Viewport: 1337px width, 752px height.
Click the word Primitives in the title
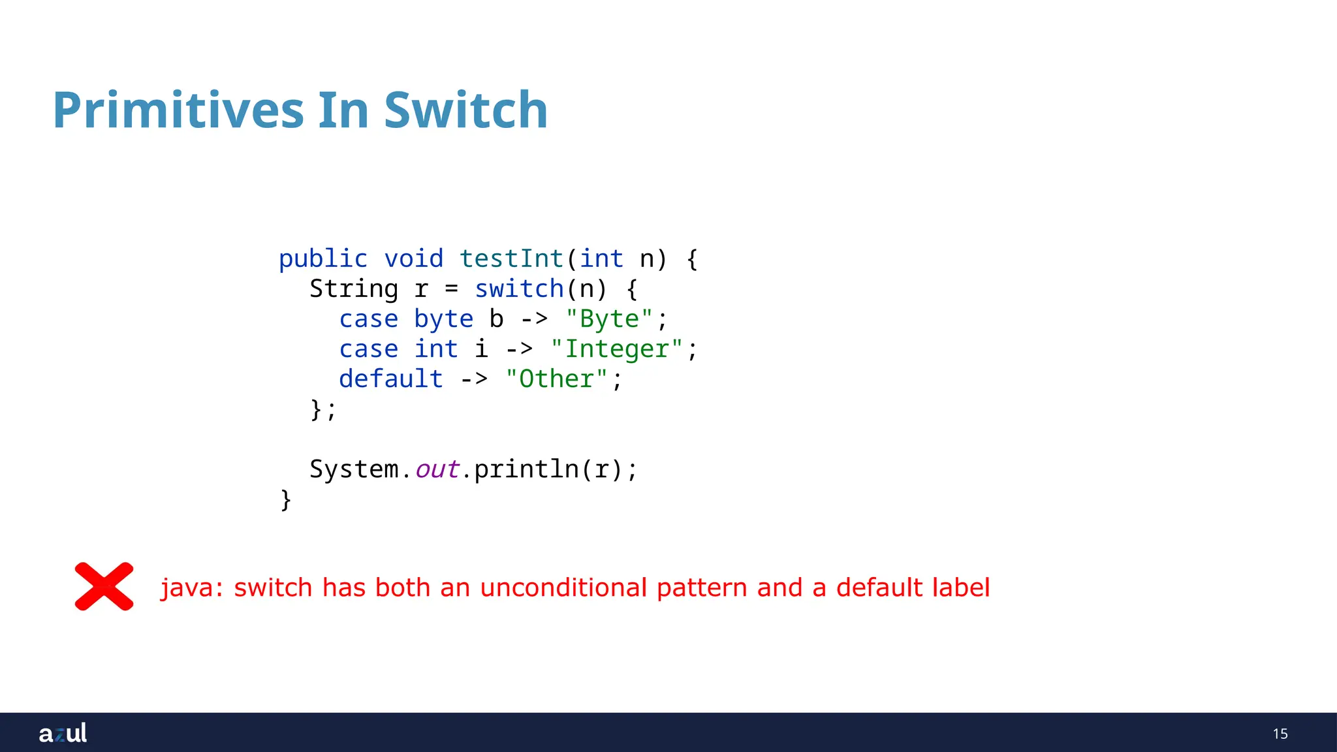(178, 111)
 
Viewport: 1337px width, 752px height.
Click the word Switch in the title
(465, 111)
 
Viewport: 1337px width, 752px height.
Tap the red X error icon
(104, 586)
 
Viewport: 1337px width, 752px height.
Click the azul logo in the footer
(63, 733)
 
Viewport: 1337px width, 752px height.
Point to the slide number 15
(1280, 734)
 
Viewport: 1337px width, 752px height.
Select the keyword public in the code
(323, 259)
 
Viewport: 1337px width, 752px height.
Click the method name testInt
(511, 259)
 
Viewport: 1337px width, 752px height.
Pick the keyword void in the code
(413, 259)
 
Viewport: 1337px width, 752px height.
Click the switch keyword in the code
(519, 289)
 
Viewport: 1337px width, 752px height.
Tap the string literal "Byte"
(608, 319)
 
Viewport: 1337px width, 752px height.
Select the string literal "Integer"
(616, 349)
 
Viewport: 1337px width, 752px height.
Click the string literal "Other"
(556, 379)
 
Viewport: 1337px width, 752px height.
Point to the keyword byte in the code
(443, 319)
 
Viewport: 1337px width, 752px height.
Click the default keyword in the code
(390, 379)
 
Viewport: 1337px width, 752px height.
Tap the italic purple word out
(437, 469)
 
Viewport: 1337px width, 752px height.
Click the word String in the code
(353, 289)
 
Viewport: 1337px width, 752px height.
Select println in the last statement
(526, 469)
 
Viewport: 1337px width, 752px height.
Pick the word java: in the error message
(192, 587)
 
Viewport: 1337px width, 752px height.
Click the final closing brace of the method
(285, 500)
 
